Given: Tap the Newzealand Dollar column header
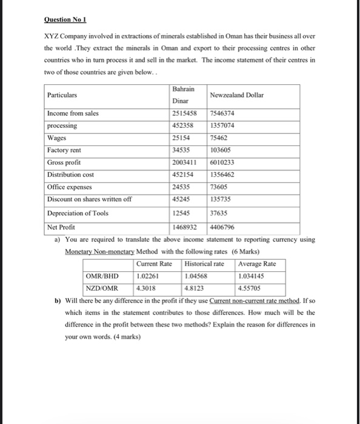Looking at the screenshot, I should tap(237, 95).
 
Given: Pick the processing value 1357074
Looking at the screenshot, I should tap(222, 125).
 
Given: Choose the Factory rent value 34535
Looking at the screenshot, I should tap(184, 150).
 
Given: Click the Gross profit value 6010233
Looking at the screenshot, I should tap(223, 163).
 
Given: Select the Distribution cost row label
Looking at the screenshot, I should tap(71, 175).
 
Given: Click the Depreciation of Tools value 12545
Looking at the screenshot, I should tap(184, 213).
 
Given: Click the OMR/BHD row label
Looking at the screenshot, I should tap(101, 276).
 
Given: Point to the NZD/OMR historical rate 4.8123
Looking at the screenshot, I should tap(196, 288).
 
